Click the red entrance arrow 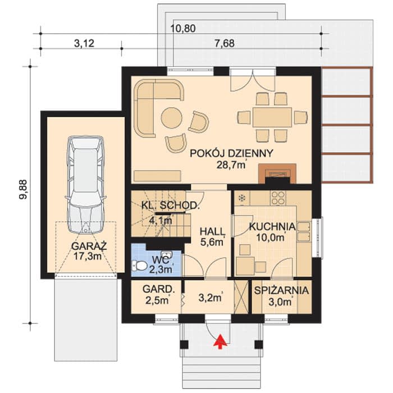click(220, 341)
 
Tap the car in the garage click(85, 185)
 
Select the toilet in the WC click(139, 266)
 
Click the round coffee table click(172, 118)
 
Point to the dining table click(272, 117)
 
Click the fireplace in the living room click(277, 173)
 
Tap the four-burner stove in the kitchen click(278, 198)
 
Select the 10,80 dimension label click(183, 29)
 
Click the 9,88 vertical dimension click(24, 190)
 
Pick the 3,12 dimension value click(84, 43)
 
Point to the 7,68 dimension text click(225, 43)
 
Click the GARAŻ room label click(89, 246)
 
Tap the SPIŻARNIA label click(281, 290)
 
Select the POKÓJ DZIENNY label click(231, 153)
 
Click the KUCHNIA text click(272, 226)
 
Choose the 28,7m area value click(231, 165)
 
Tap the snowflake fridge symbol click(241, 198)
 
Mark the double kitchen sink click(304, 231)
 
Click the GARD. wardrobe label click(159, 289)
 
